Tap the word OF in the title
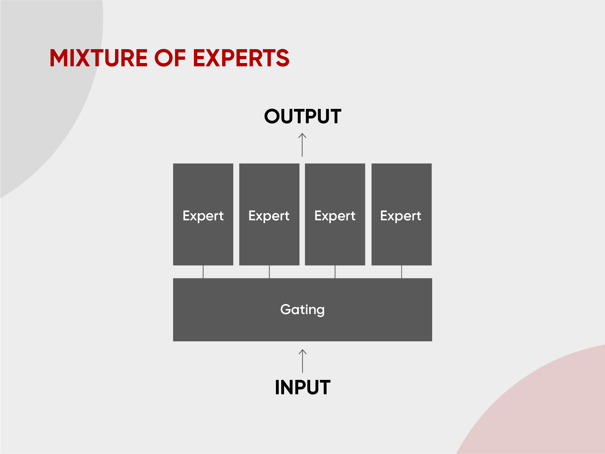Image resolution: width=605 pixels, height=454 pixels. point(170,58)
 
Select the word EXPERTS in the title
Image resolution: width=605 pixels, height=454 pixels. point(241,58)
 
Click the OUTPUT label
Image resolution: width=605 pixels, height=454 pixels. point(302,116)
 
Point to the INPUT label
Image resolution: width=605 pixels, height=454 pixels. point(302,387)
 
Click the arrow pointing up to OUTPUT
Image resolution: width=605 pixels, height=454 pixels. point(302,145)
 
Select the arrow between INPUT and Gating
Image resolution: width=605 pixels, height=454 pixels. point(302,361)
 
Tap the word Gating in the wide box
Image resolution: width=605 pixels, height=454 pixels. point(302,310)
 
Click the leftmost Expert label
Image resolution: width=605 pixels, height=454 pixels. point(203,216)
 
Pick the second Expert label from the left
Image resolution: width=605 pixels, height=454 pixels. point(269,216)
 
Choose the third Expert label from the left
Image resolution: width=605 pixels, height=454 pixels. point(335,216)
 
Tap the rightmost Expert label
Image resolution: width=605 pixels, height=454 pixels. point(401,216)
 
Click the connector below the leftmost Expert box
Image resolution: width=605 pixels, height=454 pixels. point(203,272)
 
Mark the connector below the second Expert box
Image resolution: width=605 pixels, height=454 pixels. point(269,272)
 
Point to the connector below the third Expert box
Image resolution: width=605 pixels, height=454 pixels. point(335,272)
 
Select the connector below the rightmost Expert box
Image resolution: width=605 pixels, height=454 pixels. point(401,272)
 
